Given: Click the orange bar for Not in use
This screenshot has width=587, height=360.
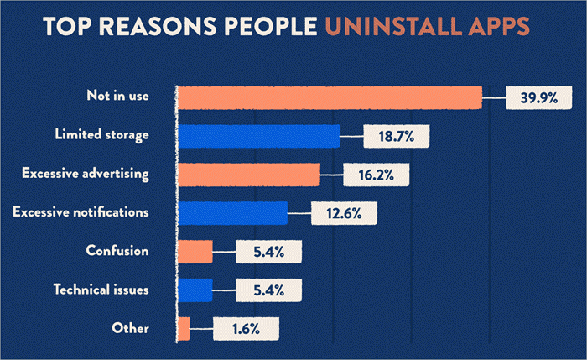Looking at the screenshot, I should (329, 97).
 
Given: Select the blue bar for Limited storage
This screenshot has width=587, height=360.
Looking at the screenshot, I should (258, 136).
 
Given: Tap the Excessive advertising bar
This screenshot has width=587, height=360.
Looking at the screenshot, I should (248, 175).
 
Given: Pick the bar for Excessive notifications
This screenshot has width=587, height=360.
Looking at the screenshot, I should (231, 213).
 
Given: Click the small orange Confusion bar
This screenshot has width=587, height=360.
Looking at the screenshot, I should (195, 252).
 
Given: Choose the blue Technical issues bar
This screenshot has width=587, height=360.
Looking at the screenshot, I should (195, 290).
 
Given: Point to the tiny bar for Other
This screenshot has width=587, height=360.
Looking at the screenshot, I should (183, 327).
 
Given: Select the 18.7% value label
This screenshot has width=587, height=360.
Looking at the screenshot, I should (397, 136).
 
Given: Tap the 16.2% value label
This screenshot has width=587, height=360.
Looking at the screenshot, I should (377, 175).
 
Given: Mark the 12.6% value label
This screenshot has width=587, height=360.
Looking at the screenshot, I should (345, 213).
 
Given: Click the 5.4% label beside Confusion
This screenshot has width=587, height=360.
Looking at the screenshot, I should (268, 252).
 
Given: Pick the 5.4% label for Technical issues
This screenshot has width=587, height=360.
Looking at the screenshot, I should (268, 290).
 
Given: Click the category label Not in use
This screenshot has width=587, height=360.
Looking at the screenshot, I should (118, 96).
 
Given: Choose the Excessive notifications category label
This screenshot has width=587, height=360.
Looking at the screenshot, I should (81, 212).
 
